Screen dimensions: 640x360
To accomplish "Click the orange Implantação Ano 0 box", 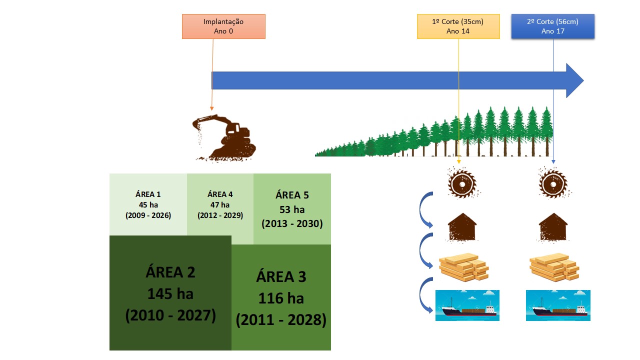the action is pos(223,26).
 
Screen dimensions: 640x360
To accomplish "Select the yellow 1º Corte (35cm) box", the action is pos(458,26).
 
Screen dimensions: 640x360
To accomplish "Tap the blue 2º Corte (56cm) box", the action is pos(553,26).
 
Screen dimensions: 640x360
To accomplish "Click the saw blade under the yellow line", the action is pos(462,183).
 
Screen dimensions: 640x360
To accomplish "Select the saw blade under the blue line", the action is pos(553,183).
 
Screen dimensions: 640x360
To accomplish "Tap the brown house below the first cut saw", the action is pos(462,227).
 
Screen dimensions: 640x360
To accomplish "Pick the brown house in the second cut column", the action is pos(553,227).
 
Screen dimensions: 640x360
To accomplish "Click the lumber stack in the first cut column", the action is pos(463,267).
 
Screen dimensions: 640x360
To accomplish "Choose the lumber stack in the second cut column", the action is pos(554,267).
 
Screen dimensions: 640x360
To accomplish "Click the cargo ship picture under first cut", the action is pos(467,305).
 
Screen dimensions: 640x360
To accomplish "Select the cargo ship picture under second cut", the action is pos(558,305).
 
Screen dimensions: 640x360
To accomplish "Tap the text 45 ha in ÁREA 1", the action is pos(148,205).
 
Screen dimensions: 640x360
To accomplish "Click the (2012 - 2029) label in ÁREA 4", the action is pos(220,215).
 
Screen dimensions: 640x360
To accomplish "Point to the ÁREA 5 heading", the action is pos(292,195).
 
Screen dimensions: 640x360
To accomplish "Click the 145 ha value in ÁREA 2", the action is pos(170,293).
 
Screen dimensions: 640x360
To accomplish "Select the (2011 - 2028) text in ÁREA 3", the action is pos(281,319).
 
